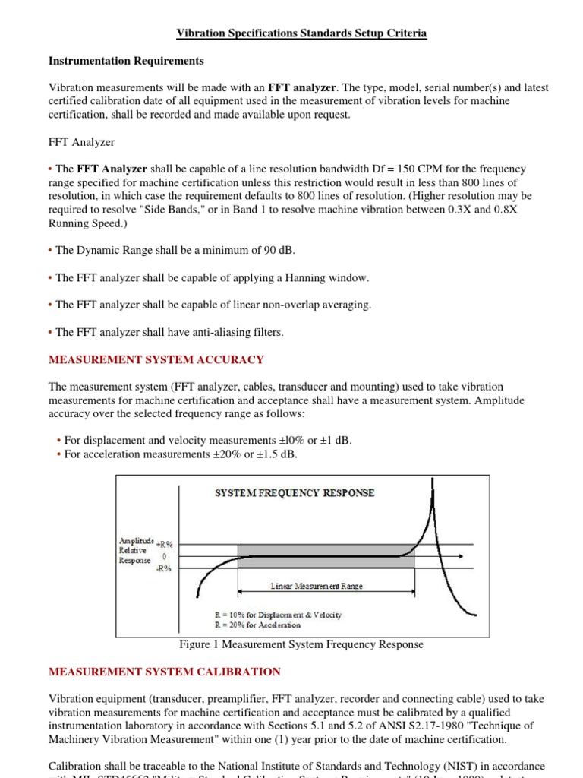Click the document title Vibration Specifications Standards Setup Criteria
(301, 33)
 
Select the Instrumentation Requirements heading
(126, 60)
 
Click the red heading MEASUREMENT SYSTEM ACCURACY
(156, 359)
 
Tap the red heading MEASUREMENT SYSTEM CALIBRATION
(164, 672)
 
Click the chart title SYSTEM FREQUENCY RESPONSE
(295, 493)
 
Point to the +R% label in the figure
(164, 543)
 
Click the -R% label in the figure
(164, 568)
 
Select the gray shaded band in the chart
(326, 556)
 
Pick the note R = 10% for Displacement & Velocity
(279, 614)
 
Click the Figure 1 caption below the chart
(301, 644)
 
